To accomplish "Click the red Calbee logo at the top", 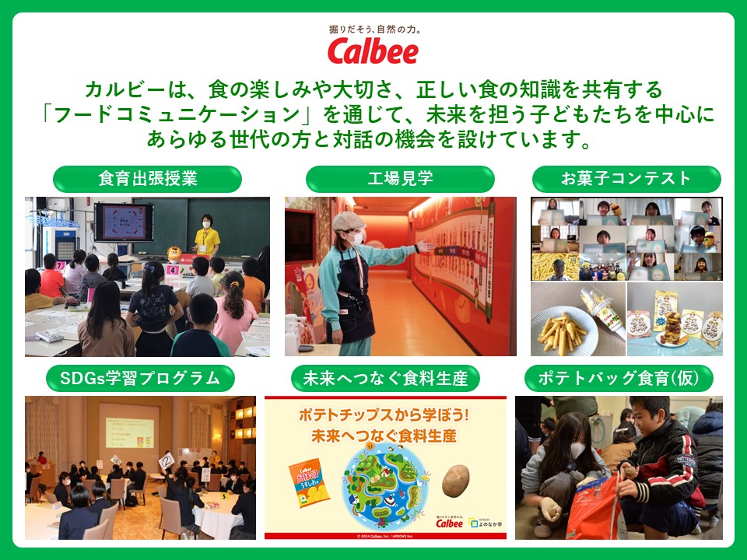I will tap(373, 51).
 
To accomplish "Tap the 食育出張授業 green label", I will tap(147, 179).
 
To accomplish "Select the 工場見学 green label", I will tap(400, 179).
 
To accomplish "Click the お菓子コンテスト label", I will tap(626, 179).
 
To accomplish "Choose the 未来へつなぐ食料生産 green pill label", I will tap(385, 379).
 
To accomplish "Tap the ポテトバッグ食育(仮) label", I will tap(619, 379).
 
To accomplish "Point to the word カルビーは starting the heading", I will tap(124, 87).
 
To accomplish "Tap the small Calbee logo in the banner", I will tap(449, 522).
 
